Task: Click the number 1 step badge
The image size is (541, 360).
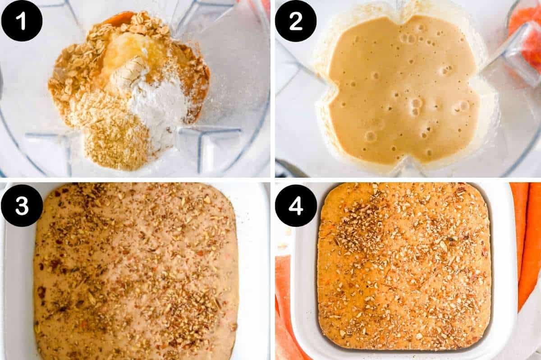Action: click(x=22, y=21)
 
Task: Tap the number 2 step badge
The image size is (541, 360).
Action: click(x=296, y=21)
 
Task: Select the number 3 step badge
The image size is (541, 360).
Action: click(x=22, y=205)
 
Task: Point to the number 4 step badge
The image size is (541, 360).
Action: click(x=296, y=205)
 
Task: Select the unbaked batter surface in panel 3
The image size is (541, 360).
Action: click(x=135, y=271)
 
